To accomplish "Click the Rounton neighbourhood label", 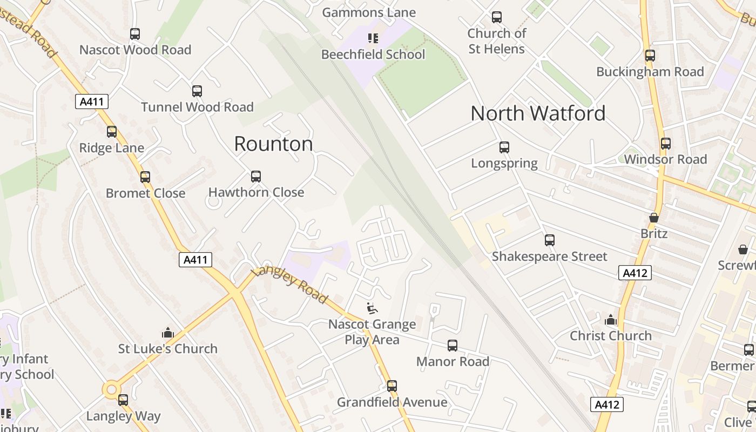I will [273, 144].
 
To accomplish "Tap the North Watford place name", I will [538, 113].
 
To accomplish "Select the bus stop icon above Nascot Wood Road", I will [135, 34].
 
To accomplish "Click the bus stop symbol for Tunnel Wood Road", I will [197, 91].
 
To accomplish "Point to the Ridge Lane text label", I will [112, 148].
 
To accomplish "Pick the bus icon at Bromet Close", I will [145, 177].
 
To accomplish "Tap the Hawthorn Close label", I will [256, 192].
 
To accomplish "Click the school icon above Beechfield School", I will [373, 38].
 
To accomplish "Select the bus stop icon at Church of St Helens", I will [496, 17].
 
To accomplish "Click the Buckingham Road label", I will [650, 72].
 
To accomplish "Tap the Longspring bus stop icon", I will [504, 147].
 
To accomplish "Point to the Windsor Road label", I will [665, 159].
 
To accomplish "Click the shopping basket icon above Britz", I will [654, 218].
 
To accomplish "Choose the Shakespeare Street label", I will [549, 256].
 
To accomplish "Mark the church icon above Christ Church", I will [611, 320].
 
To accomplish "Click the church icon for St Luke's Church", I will [168, 333].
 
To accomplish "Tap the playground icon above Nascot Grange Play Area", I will [372, 308].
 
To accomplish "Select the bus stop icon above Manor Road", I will [453, 346].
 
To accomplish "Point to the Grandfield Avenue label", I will [392, 402].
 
